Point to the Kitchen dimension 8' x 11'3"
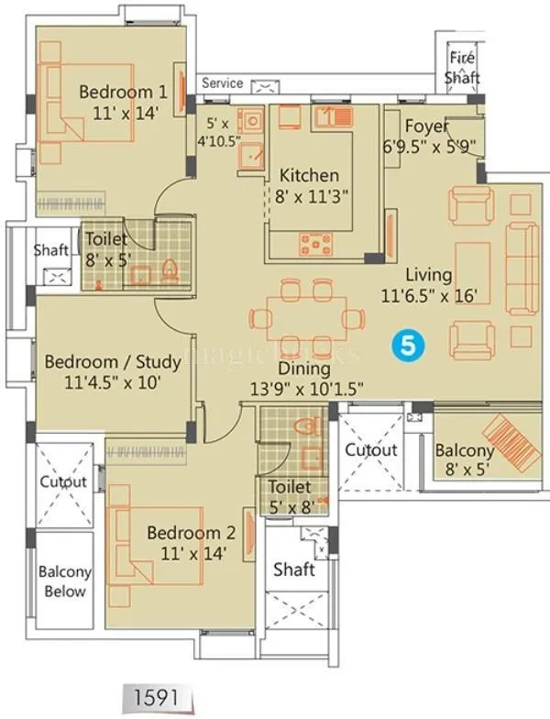(310, 196)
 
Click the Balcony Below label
(64, 581)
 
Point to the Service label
(222, 83)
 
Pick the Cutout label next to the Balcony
(370, 450)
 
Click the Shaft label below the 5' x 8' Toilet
(294, 570)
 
